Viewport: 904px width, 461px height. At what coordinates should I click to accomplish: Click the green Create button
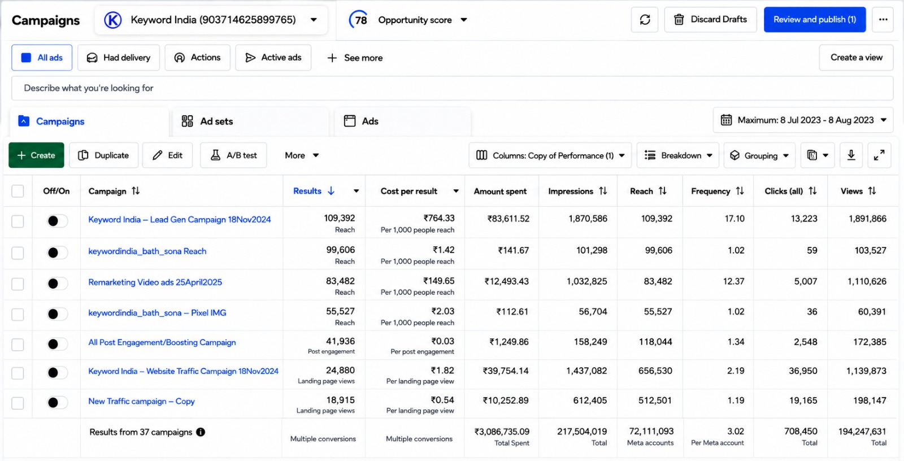36,155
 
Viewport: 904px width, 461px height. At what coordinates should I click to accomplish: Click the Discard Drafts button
710,19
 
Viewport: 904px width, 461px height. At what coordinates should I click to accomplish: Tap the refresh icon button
645,19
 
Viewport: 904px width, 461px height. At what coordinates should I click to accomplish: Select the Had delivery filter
119,58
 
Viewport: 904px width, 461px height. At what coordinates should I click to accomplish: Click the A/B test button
233,155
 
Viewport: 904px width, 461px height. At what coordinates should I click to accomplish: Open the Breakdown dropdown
678,155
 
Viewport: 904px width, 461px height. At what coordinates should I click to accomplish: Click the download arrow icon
851,155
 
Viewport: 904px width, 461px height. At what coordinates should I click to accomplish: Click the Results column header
307,191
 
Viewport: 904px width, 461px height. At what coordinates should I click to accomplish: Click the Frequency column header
710,191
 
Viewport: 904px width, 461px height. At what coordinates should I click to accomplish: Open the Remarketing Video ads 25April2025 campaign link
155,282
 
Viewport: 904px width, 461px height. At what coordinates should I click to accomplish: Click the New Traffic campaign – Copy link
141,401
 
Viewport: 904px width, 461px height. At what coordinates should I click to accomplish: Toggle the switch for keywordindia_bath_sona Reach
56,253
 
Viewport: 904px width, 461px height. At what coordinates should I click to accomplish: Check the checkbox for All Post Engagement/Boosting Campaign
18,344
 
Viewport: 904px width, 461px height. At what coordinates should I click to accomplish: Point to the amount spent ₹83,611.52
508,219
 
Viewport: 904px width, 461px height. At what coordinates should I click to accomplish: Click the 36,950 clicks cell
803,371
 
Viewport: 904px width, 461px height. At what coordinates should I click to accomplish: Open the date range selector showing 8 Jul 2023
803,120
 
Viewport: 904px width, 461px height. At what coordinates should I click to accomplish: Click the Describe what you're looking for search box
452,88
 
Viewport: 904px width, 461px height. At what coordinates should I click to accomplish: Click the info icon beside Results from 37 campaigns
201,432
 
